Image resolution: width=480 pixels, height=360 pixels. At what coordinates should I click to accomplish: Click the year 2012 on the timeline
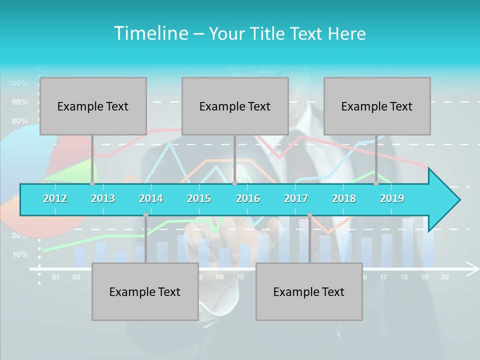coord(55,198)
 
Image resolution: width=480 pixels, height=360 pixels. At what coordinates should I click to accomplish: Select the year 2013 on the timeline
coord(103,198)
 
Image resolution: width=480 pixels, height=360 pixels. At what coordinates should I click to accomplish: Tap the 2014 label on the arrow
coord(151,198)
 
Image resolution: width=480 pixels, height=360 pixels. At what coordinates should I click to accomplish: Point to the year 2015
coord(199,198)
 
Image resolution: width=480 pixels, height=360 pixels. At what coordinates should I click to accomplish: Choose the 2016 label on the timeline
coord(248,198)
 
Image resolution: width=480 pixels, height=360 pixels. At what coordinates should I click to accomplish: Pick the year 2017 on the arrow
coord(296,198)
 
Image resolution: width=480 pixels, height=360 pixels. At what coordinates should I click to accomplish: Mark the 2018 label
coord(344,198)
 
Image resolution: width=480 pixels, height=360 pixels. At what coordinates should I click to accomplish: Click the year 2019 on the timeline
coord(392,198)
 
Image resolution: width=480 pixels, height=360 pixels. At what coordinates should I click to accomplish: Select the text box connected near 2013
coord(93,106)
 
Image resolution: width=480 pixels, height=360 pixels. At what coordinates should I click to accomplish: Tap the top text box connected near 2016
coord(235,106)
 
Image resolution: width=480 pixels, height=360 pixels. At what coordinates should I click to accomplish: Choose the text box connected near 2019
coord(377,106)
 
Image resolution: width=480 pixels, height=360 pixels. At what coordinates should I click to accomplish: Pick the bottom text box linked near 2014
coord(145,291)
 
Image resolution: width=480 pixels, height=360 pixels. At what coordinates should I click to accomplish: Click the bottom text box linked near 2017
coord(309,291)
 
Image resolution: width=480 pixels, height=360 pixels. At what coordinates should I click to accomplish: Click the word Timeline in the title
coord(150,33)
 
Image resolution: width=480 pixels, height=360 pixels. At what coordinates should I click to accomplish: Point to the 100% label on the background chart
coord(18,83)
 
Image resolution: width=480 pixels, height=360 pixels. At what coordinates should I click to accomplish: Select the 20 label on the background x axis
coord(444,277)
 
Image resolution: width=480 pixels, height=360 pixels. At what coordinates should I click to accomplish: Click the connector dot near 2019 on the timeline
coord(376,183)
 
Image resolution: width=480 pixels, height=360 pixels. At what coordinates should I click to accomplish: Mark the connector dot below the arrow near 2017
coord(309,215)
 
